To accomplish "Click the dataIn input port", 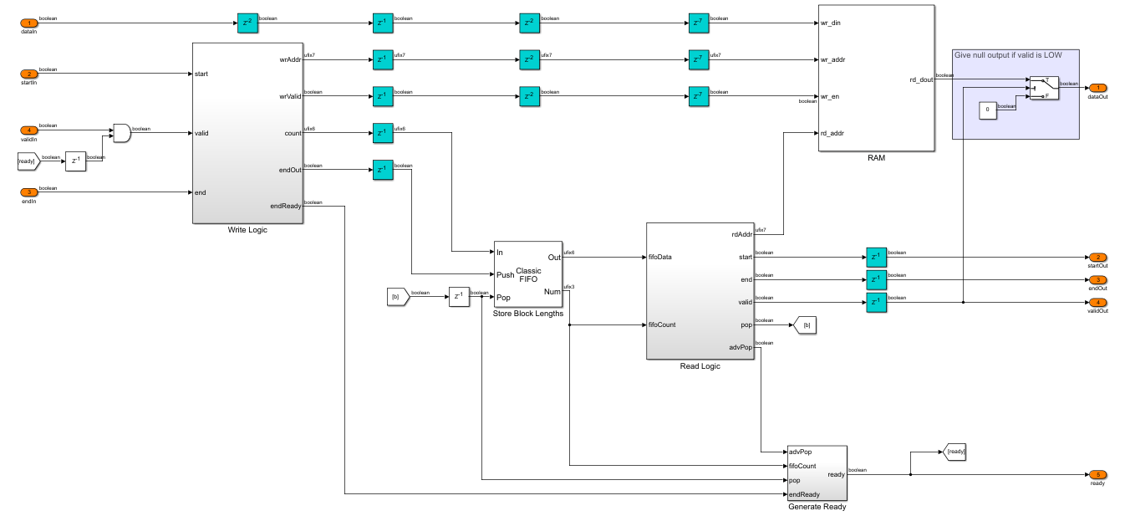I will [28, 23].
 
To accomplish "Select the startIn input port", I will [28, 74].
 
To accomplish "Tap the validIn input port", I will [28, 130].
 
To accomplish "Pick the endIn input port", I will [28, 192].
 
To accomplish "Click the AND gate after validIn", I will [121, 132].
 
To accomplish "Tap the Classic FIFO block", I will [528, 274].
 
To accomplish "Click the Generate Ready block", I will [817, 473].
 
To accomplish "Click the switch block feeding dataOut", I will [1044, 88].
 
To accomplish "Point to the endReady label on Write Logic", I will [286, 205].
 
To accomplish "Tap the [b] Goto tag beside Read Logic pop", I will [804, 324].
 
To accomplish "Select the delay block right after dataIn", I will [247, 23].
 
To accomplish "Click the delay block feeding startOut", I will [876, 257].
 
